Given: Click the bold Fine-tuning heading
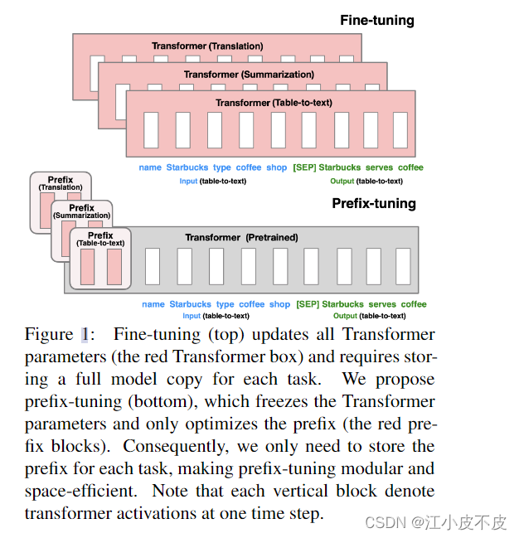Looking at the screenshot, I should pyautogui.click(x=377, y=20).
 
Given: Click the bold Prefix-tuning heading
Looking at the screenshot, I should pyautogui.click(x=374, y=203).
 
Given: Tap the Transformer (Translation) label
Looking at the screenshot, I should pyautogui.click(x=207, y=46).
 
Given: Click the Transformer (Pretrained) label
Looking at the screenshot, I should pyautogui.click(x=241, y=238).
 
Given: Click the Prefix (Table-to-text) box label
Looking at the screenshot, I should pyautogui.click(x=100, y=240).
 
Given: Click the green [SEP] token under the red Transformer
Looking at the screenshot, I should pyautogui.click(x=304, y=167).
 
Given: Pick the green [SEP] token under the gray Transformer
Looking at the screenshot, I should pyautogui.click(x=308, y=304).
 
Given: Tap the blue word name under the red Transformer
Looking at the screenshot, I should pyautogui.click(x=150, y=167).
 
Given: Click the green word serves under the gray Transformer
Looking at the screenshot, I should pyautogui.click(x=382, y=304).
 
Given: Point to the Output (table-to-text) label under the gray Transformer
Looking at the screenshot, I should pyautogui.click(x=369, y=316).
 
